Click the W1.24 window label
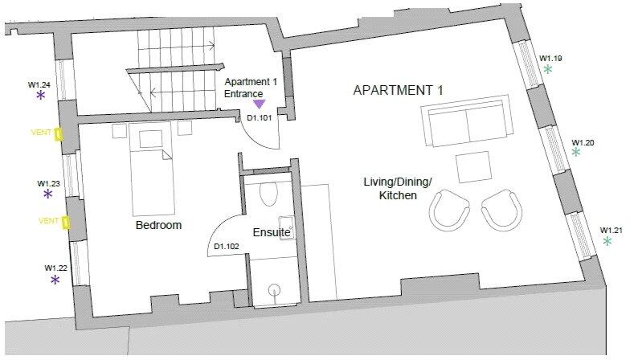point(39,84)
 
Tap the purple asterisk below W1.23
point(47,194)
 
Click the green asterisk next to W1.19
point(548,70)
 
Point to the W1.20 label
point(583,143)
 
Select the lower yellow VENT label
point(49,220)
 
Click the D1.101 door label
point(259,118)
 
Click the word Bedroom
point(158,226)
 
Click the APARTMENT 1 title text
point(398,90)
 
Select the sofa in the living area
point(467,121)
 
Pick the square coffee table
point(472,167)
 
